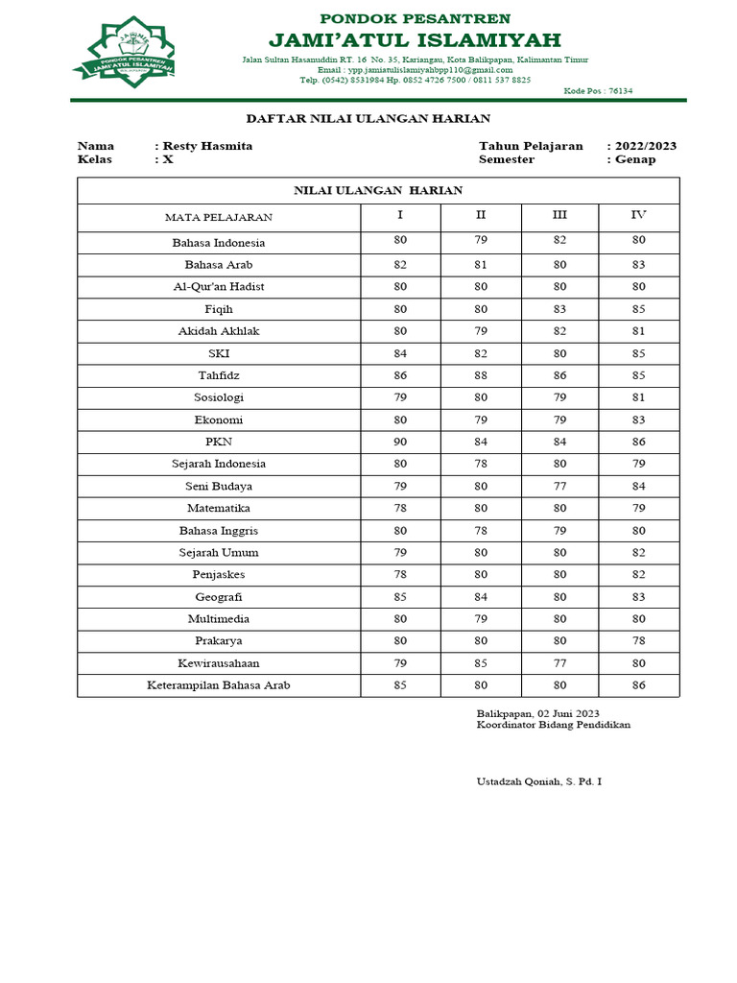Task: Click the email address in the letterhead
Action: (x=430, y=70)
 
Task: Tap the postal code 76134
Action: (x=614, y=91)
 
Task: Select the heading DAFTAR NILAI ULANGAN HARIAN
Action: (x=368, y=118)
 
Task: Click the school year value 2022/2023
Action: (x=646, y=146)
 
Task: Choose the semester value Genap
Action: (x=635, y=159)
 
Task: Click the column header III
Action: (x=559, y=215)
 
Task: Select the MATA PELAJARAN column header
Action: (x=218, y=217)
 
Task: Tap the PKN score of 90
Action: (x=400, y=442)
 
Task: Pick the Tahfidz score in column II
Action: (x=481, y=375)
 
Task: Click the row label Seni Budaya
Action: (x=219, y=487)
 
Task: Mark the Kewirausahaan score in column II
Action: (x=481, y=663)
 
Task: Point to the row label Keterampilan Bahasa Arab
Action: (x=219, y=685)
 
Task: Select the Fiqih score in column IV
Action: (x=639, y=309)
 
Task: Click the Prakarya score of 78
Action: (x=639, y=641)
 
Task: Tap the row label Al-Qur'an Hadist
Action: (x=219, y=287)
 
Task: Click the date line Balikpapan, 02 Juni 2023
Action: (x=537, y=713)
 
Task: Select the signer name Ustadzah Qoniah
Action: (x=539, y=782)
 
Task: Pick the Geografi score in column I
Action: (x=400, y=597)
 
